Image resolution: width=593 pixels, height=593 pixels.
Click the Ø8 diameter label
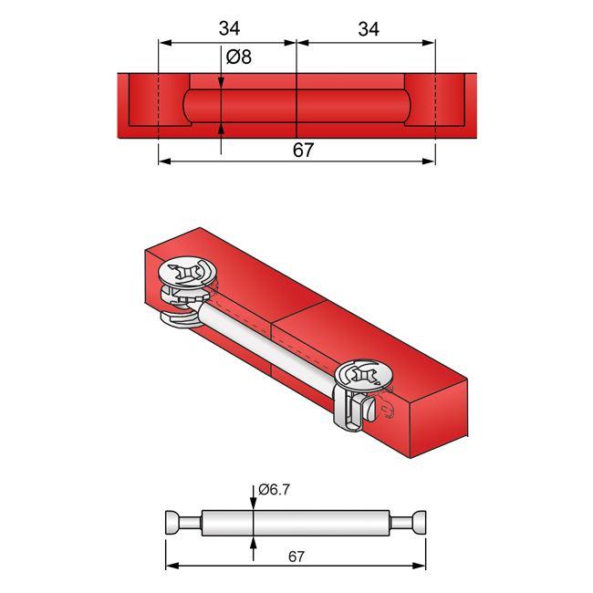[239, 57]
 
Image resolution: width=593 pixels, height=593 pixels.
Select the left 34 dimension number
[229, 28]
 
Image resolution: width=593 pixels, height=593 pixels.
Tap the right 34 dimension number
[368, 28]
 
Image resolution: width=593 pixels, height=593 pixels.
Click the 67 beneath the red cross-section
[303, 151]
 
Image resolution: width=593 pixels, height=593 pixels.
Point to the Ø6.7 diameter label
[274, 490]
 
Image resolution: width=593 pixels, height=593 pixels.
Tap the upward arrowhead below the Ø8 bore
[222, 129]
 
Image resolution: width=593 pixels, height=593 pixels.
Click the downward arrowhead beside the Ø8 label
[222, 83]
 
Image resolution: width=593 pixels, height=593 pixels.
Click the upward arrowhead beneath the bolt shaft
[253, 542]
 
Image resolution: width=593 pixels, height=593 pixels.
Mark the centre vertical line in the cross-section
[298, 100]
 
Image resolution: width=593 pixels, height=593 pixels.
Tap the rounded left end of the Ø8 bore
[186, 106]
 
